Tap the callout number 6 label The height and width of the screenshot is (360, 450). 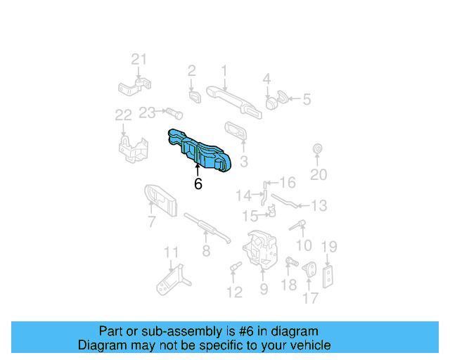pyautogui.click(x=198, y=184)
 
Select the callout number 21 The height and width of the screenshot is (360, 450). pyautogui.click(x=139, y=60)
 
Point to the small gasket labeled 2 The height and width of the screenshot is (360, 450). pyautogui.click(x=193, y=95)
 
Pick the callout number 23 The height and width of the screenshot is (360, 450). pyautogui.click(x=147, y=112)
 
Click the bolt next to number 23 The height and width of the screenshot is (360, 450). pyautogui.click(x=173, y=112)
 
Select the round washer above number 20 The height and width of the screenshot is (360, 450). pyautogui.click(x=316, y=150)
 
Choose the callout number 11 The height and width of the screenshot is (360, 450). pyautogui.click(x=172, y=253)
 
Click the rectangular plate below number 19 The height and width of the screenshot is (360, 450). pyautogui.click(x=328, y=276)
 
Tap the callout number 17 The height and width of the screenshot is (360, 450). pyautogui.click(x=310, y=297)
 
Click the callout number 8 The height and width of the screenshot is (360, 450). pyautogui.click(x=205, y=250)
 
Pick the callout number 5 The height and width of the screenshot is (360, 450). pyautogui.click(x=306, y=100)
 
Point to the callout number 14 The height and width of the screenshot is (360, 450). pyautogui.click(x=243, y=195)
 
